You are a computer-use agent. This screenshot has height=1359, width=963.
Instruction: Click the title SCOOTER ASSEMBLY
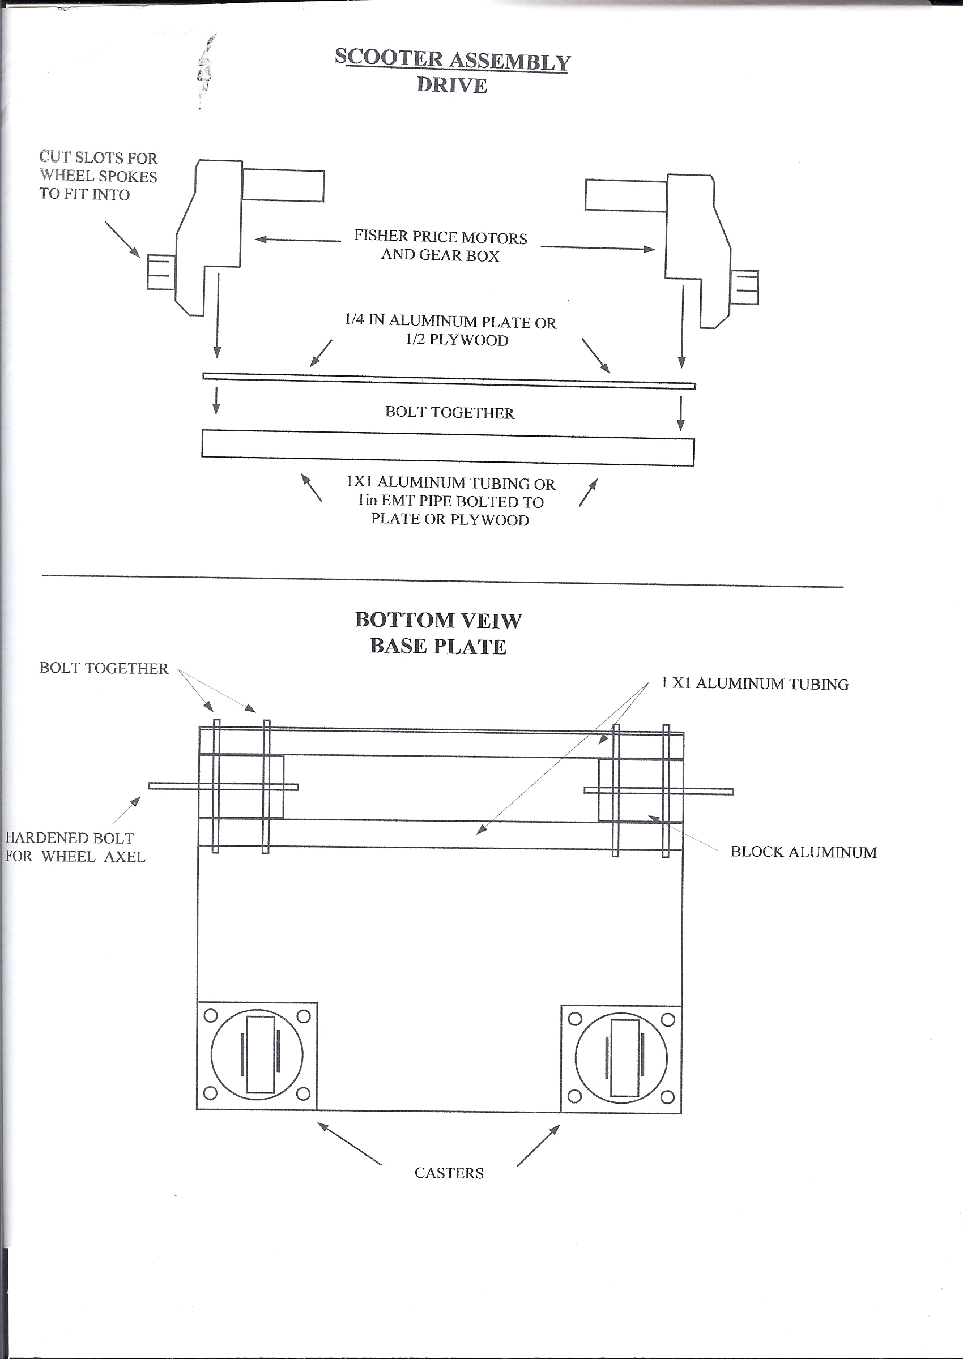(x=452, y=60)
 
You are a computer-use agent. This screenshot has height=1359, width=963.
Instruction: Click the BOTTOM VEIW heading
(x=438, y=620)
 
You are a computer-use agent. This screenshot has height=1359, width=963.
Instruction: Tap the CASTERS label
(x=449, y=1173)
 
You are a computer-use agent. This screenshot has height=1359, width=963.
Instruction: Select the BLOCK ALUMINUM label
(x=803, y=852)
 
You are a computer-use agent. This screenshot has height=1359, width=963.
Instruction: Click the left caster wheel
(x=257, y=1055)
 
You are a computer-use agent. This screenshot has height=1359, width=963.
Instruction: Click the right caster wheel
(x=621, y=1058)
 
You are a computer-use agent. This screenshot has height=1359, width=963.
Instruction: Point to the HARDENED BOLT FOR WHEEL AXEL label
(x=75, y=847)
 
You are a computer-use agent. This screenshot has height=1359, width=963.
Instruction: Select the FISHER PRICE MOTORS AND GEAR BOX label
(x=441, y=246)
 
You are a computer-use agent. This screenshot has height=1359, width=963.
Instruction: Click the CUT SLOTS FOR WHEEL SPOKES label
(x=99, y=176)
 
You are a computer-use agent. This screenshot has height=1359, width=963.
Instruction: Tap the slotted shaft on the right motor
(x=745, y=287)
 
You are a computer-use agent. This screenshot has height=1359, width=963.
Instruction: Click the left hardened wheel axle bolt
(x=223, y=787)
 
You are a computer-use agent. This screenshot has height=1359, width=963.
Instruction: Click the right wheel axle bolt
(x=659, y=790)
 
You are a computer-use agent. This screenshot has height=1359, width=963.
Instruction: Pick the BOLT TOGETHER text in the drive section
(x=449, y=412)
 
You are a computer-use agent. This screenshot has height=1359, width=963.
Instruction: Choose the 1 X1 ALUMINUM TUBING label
(x=755, y=683)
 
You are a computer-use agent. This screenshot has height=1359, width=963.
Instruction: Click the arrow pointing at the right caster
(x=538, y=1145)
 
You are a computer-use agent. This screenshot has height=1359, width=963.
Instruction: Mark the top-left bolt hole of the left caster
(x=211, y=1016)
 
